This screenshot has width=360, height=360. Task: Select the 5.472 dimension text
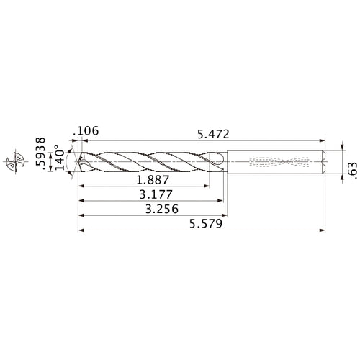[x=215, y=132]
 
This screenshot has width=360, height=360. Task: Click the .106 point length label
[x=86, y=131]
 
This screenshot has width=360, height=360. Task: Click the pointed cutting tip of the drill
[x=78, y=163]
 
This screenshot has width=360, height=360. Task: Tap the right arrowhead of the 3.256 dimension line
[x=226, y=215]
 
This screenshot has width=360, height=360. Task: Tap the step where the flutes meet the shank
[x=228, y=163]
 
